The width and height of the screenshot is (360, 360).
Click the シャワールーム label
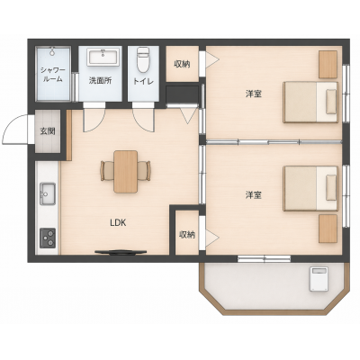(53, 75)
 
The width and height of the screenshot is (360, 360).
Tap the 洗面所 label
(100, 80)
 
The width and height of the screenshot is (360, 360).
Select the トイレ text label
(143, 81)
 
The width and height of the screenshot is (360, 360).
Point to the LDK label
(118, 222)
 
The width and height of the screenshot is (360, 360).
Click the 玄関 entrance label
(48, 131)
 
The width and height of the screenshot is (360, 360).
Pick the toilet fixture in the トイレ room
(143, 60)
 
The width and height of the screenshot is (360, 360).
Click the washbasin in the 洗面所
(103, 58)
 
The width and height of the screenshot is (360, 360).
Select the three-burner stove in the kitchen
(48, 238)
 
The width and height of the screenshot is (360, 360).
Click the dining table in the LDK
(126, 171)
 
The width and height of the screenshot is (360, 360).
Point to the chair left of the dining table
(107, 171)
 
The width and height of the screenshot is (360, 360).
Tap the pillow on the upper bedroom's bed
(331, 102)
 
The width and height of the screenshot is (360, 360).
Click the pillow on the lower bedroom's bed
(331, 188)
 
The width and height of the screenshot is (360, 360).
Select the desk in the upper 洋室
(328, 65)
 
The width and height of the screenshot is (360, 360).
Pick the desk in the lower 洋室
(328, 229)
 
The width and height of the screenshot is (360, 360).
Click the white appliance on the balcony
(319, 279)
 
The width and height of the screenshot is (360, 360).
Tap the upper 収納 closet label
(182, 64)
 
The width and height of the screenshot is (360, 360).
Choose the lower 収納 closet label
(187, 234)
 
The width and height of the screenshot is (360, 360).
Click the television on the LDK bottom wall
(121, 252)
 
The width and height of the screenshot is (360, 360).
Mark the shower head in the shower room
(52, 51)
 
